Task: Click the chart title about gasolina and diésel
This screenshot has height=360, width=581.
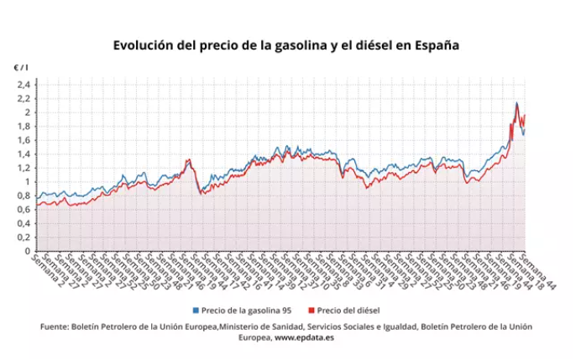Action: click(286, 45)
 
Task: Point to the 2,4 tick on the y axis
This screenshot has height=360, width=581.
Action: click(23, 85)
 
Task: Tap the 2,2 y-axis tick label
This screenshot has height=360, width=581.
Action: click(23, 98)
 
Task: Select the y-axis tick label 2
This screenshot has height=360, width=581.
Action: click(27, 112)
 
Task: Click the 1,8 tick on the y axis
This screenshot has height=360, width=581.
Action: click(23, 126)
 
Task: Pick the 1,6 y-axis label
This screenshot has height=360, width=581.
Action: click(23, 140)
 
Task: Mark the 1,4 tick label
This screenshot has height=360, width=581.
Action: click(23, 154)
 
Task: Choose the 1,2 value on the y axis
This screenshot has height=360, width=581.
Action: click(23, 168)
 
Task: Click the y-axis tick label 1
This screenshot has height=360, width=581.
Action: click(27, 181)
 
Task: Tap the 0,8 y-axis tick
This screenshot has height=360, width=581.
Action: click(23, 196)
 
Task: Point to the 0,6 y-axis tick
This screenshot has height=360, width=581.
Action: click(23, 209)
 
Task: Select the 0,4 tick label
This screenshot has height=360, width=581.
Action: click(23, 223)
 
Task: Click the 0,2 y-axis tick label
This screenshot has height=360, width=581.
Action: click(23, 237)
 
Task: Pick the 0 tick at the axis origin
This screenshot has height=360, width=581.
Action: click(27, 251)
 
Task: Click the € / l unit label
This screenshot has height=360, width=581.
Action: click(20, 67)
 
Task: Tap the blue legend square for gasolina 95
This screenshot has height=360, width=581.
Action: click(196, 310)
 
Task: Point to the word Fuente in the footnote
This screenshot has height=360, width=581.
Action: click(57, 326)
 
